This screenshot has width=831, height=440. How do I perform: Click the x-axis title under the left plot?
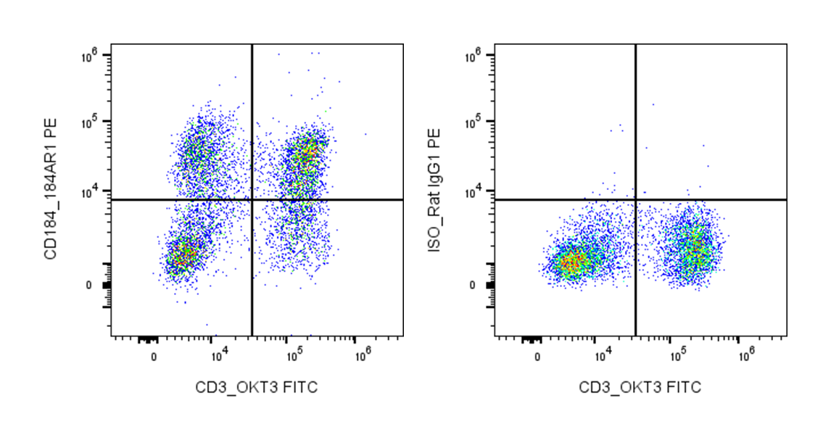tap(256, 388)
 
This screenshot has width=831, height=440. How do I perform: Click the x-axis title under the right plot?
tap(640, 388)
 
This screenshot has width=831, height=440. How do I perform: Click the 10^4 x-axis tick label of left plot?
tap(220, 356)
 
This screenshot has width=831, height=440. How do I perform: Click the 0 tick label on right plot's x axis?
tap(537, 357)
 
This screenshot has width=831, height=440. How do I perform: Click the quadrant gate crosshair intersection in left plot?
tap(252, 199)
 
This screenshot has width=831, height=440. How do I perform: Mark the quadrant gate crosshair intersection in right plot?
tap(635, 199)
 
